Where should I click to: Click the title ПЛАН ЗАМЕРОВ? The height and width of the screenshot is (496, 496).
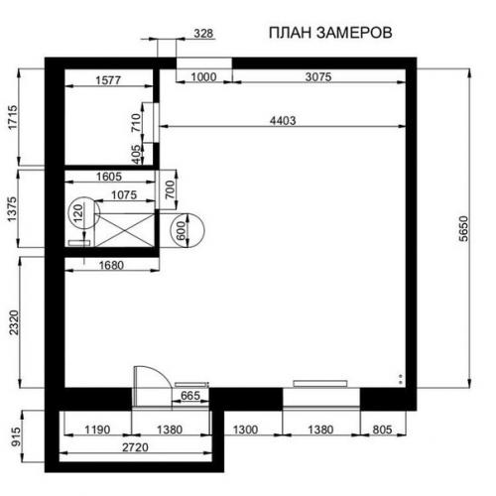coord(330,33)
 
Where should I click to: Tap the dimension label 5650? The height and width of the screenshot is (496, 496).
coord(464,229)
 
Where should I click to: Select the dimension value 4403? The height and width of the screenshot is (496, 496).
coord(283,120)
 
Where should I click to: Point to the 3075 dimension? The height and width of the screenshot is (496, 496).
coord(318,76)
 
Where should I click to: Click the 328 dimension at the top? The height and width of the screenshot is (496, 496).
coord(203,34)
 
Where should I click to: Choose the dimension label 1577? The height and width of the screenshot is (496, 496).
coord(108,80)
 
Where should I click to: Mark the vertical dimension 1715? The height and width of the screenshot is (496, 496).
coord(13,118)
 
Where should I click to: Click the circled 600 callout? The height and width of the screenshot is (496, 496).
coord(187,231)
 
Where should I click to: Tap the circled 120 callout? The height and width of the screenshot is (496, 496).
coord(83,213)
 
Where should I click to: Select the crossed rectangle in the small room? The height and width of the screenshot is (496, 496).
coord(124,230)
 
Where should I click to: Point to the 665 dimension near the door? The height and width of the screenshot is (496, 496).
coord(190,395)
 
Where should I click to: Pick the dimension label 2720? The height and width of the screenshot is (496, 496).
coord(135,447)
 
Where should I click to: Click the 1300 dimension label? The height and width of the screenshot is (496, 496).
coord(245,430)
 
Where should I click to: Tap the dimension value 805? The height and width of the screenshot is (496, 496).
coord(382,430)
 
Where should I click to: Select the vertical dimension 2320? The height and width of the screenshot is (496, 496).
coord(14,322)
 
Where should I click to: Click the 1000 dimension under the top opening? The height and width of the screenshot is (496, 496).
coord(203,77)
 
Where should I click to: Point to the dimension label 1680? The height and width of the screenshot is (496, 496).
coord(111,265)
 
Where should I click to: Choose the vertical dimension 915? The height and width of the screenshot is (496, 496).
coord(16,436)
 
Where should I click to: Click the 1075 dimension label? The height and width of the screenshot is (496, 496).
coord(124,194)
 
